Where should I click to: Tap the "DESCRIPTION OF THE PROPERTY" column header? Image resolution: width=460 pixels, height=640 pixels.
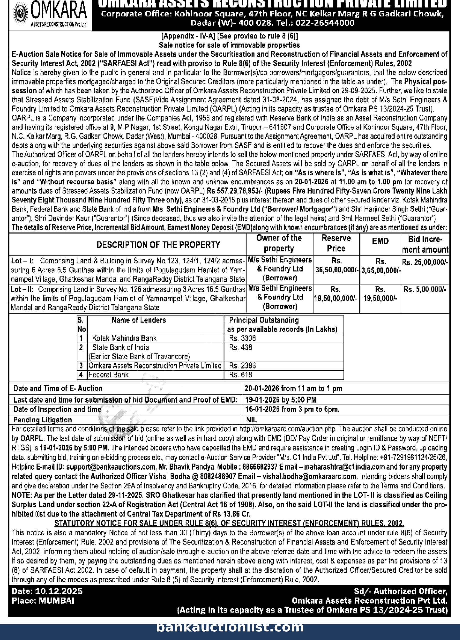click(158, 245)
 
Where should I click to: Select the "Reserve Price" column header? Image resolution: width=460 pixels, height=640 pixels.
click(336, 243)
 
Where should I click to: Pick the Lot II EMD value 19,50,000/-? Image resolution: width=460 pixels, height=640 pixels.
click(380, 298)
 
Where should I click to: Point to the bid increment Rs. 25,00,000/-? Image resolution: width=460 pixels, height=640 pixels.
click(425, 262)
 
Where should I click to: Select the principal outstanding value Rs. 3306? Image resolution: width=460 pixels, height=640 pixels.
click(242, 338)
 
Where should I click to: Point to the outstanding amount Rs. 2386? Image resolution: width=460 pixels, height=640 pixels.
click(242, 366)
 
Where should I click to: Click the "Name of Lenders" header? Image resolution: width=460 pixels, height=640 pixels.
click(138, 320)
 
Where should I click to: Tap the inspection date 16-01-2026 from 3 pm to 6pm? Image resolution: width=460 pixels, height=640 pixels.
click(292, 409)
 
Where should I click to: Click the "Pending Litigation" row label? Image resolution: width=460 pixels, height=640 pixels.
click(42, 420)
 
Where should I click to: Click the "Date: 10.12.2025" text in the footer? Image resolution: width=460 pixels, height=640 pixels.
click(47, 591)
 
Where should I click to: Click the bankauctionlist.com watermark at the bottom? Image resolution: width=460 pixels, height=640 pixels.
click(230, 627)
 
